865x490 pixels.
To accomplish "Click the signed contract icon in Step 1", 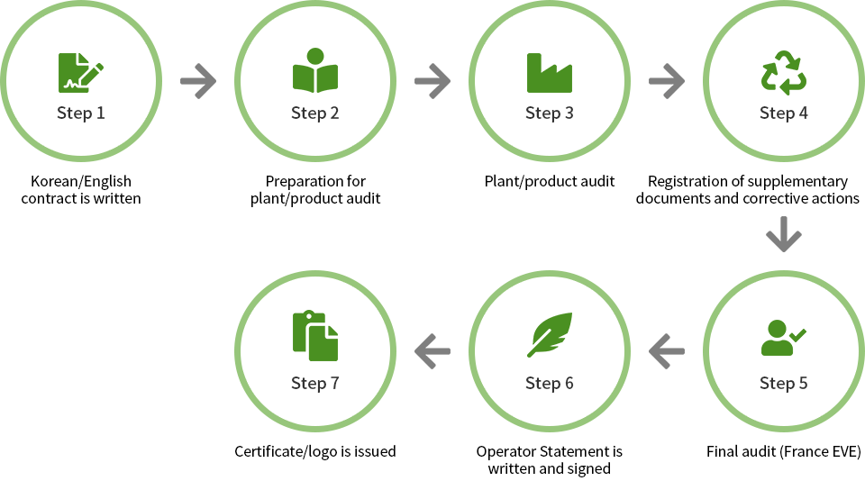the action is (80, 73).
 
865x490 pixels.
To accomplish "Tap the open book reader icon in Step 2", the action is (315, 70).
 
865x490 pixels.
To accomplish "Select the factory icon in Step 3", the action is (550, 73).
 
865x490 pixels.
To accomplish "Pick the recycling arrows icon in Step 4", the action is (783, 72).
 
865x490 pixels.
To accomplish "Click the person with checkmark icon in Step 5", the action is (783, 337).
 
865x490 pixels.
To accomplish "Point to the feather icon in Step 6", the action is (550, 334).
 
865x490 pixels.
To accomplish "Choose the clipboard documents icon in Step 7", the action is (315, 336).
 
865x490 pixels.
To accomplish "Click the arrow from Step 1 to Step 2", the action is (198, 81).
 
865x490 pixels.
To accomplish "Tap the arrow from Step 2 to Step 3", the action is (432, 81).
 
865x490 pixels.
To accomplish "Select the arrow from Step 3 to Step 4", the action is (667, 81).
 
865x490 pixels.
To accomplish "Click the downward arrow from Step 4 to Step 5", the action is (783, 234).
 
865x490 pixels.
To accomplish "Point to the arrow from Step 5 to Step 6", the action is (667, 351).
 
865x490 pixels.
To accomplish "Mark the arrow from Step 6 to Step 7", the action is (432, 351).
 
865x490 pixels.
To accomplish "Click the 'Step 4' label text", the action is (783, 113).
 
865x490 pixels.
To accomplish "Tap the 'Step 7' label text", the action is (315, 383).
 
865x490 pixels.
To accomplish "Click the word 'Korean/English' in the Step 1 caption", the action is (81, 181).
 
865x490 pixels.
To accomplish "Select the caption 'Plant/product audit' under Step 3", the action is (550, 181).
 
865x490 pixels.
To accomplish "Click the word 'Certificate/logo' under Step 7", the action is (286, 451).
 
